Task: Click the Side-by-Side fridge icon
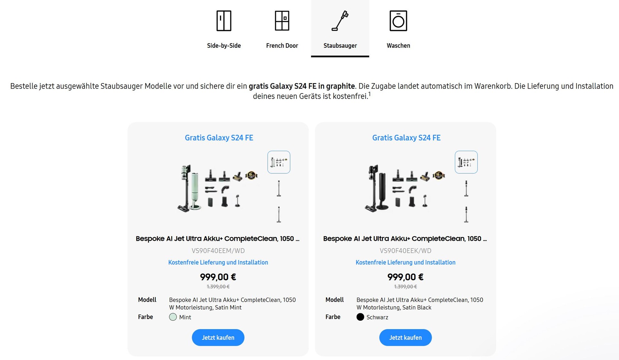click(x=224, y=21)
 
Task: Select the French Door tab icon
click(x=282, y=21)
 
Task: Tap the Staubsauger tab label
click(x=340, y=46)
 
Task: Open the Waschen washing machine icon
click(x=398, y=21)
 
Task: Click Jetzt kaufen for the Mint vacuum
click(x=218, y=337)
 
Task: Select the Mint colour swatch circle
click(x=173, y=317)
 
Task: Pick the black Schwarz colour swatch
click(x=360, y=317)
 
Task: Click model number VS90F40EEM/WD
click(x=218, y=251)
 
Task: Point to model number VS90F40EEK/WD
click(x=406, y=251)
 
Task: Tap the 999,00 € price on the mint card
click(x=218, y=277)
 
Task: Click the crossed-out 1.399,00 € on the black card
click(x=406, y=287)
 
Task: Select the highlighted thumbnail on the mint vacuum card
click(x=279, y=162)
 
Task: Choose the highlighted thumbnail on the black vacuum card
click(x=466, y=162)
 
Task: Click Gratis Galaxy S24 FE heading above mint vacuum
click(x=219, y=138)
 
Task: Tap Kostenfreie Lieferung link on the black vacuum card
click(x=406, y=262)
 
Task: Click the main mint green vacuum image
click(x=218, y=189)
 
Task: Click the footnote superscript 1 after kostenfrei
click(x=369, y=94)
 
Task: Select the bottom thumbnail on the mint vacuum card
click(x=279, y=214)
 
